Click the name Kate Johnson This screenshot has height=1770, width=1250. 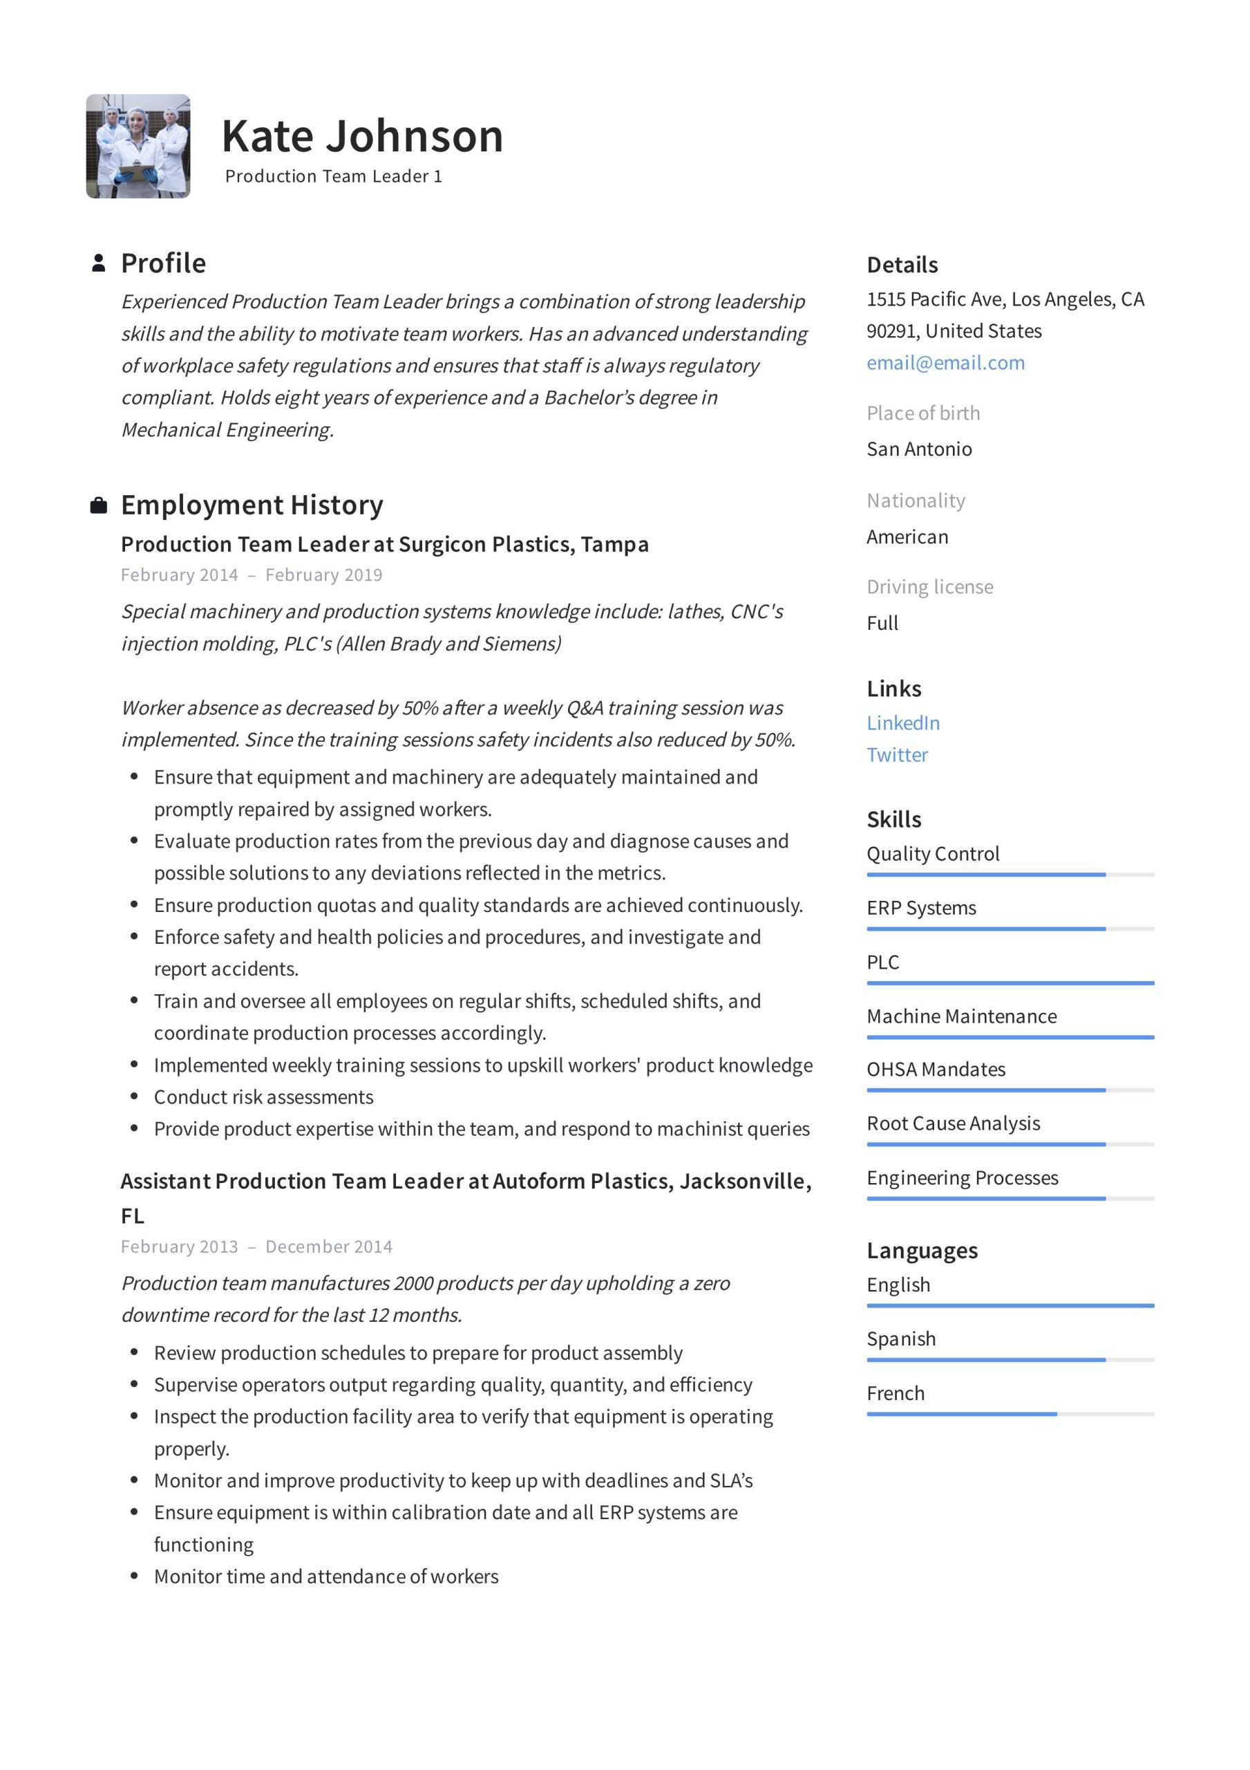click(x=362, y=136)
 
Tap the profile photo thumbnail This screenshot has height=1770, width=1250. click(x=138, y=147)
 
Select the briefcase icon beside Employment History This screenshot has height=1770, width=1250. click(x=99, y=505)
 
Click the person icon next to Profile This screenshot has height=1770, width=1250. click(x=99, y=263)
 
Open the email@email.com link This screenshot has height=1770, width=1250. click(x=945, y=363)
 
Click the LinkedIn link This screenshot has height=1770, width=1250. click(x=902, y=723)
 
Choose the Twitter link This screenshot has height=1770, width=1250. click(x=897, y=755)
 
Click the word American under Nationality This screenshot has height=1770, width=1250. click(x=907, y=537)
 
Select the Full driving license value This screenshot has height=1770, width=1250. click(x=882, y=623)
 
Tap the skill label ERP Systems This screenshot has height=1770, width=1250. click(x=921, y=908)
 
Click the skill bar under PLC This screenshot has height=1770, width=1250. click(x=1010, y=983)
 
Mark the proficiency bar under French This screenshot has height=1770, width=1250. click(x=1010, y=1414)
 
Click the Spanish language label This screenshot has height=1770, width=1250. click(x=901, y=1339)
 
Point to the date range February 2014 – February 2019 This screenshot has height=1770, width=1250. click(x=252, y=575)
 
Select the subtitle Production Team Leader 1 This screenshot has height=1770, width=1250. click(x=333, y=176)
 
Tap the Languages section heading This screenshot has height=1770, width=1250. click(x=922, y=1251)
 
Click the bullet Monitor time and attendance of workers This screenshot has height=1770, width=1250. click(x=326, y=1576)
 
